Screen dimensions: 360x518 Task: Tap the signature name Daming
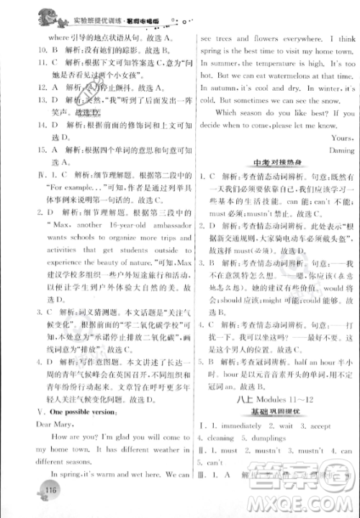341,151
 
